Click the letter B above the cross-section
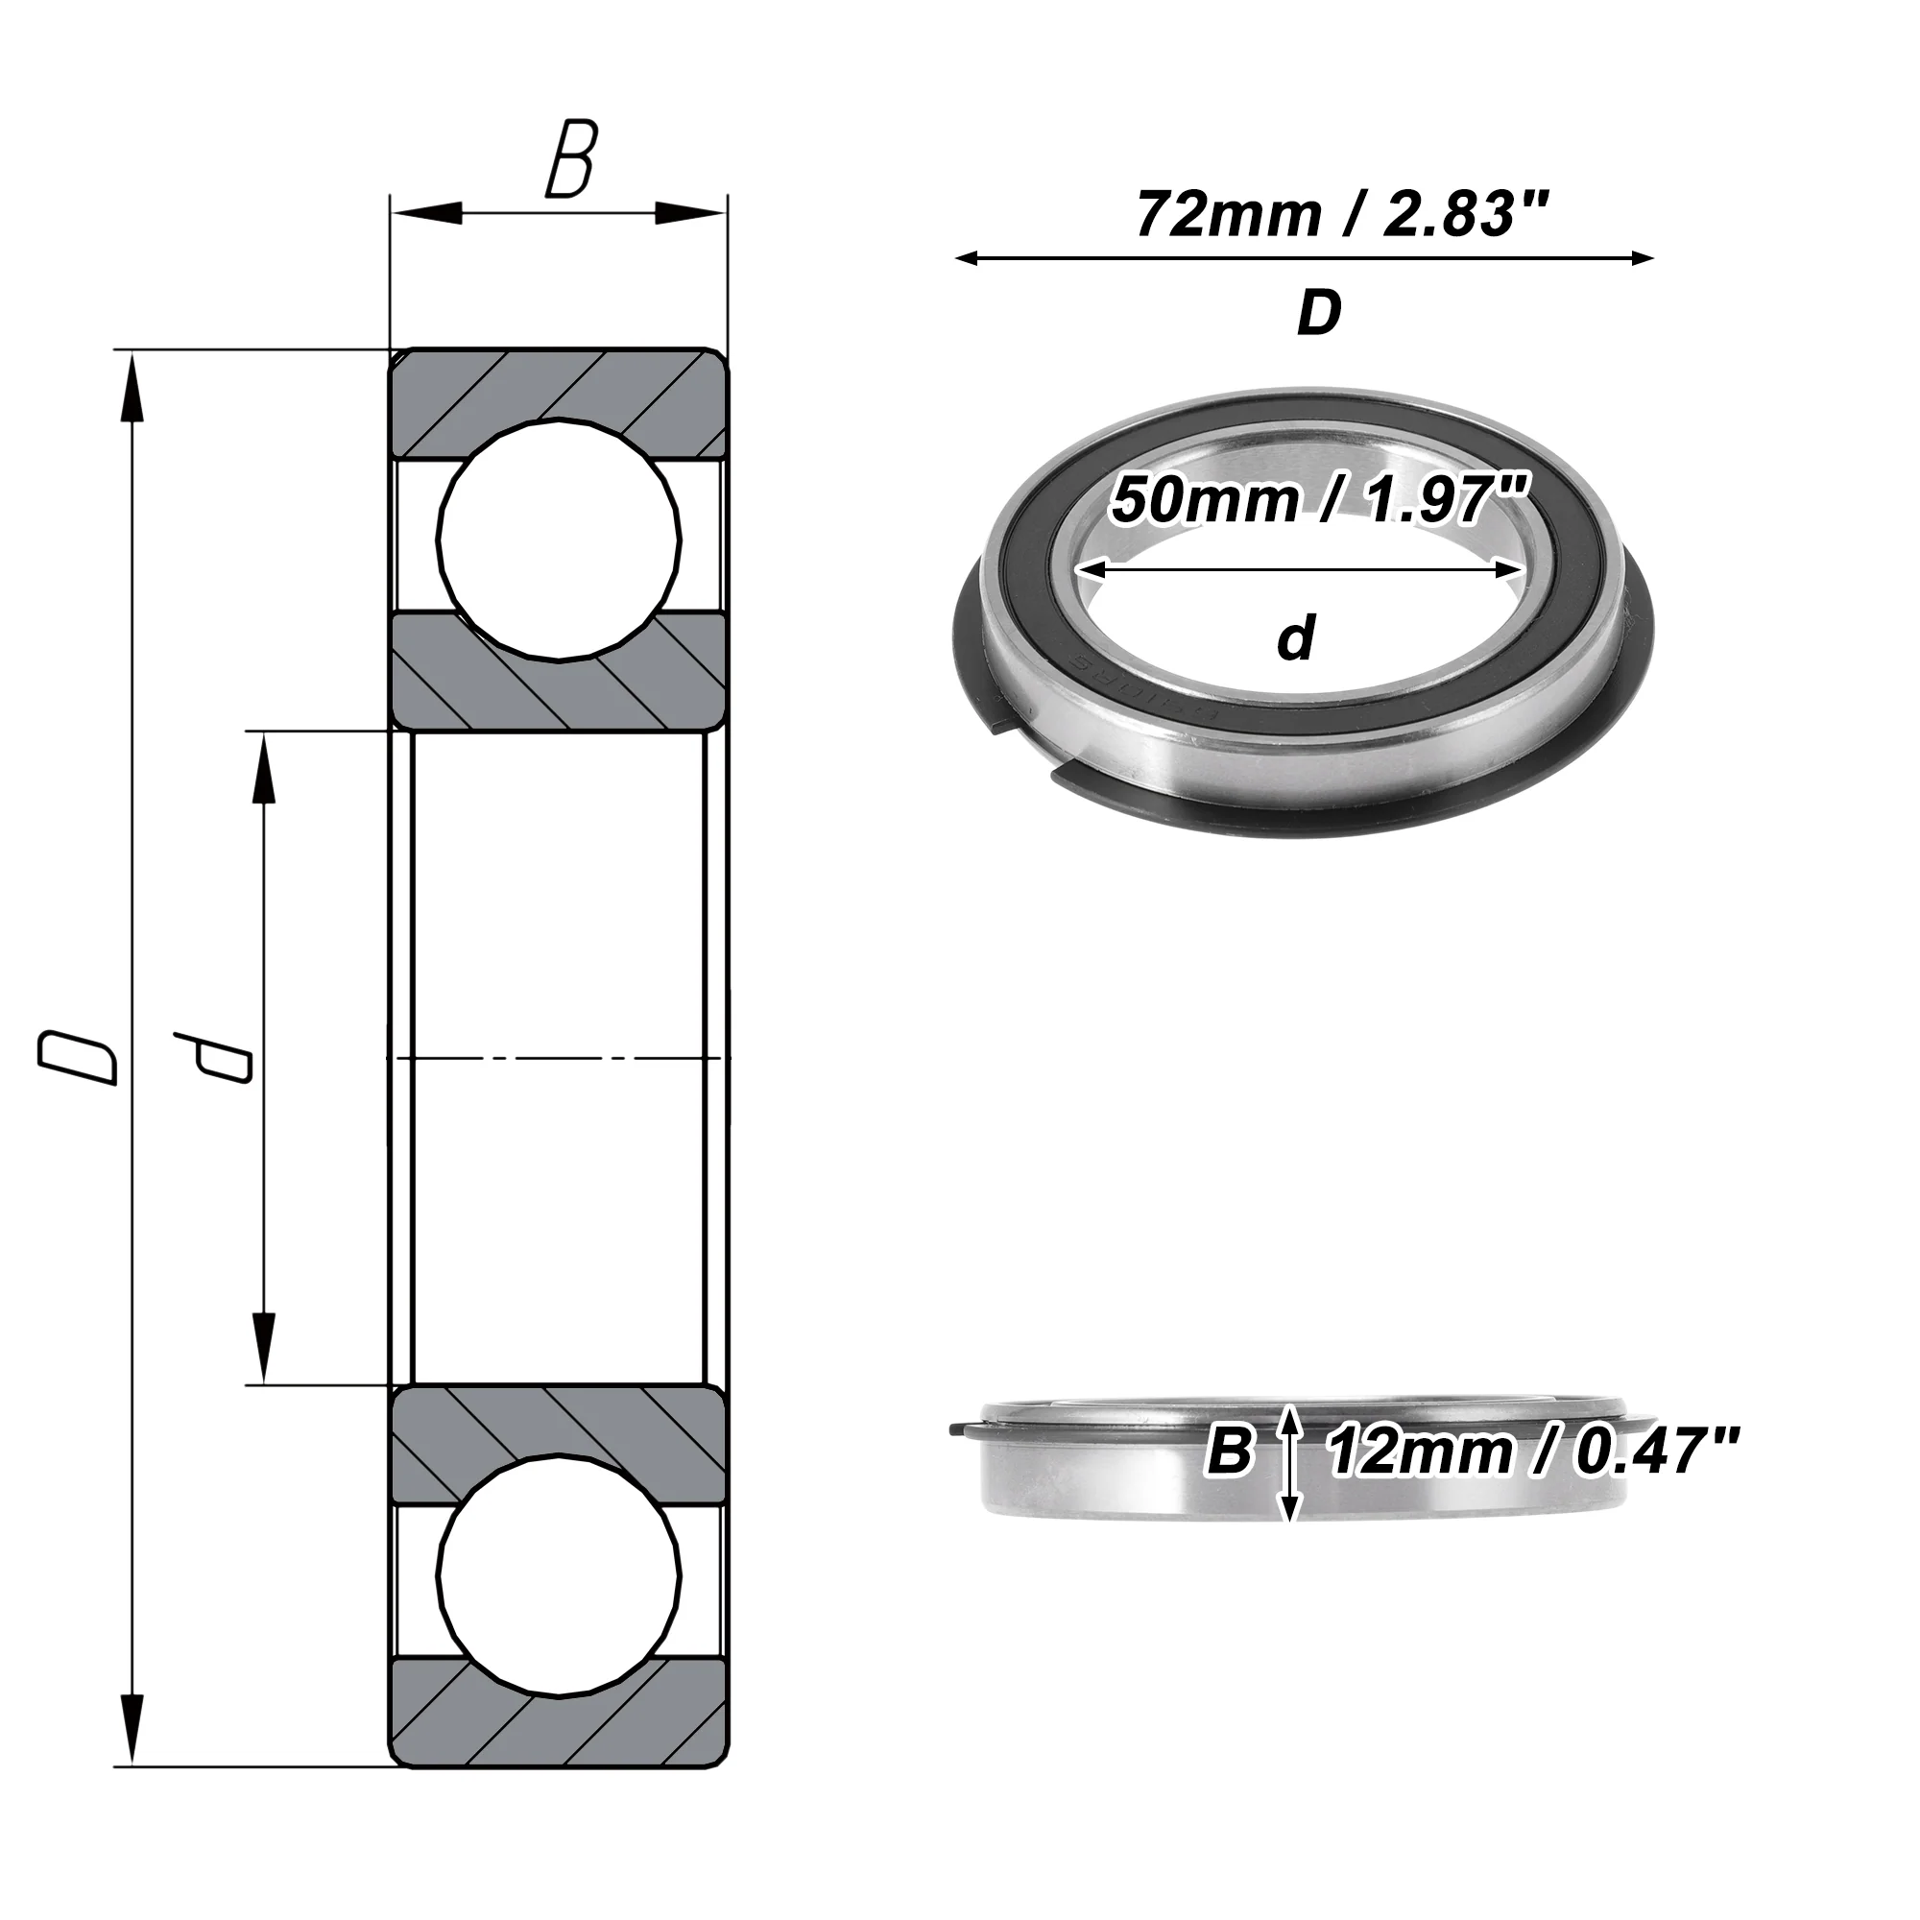570,158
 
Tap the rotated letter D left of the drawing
78,1057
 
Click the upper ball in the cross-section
560,540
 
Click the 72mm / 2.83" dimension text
1343,215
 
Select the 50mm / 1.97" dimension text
1318,499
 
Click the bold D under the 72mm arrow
1319,313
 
